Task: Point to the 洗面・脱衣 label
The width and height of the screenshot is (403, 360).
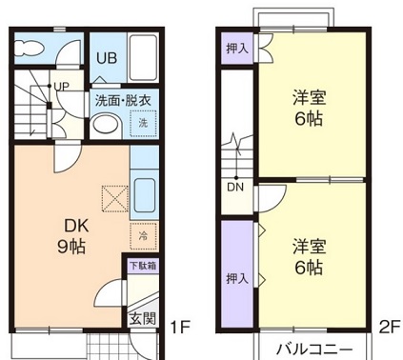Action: click(x=123, y=100)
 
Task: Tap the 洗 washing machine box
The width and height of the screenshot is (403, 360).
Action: click(x=143, y=124)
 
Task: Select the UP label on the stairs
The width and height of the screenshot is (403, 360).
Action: click(x=62, y=88)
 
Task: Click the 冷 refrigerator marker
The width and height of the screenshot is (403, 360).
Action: click(x=143, y=234)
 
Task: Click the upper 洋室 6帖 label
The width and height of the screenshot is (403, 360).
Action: click(x=308, y=107)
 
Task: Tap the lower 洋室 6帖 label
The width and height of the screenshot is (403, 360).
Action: click(x=308, y=256)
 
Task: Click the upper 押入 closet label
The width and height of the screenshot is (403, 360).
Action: click(x=237, y=47)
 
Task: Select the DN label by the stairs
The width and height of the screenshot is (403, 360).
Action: click(x=235, y=186)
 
